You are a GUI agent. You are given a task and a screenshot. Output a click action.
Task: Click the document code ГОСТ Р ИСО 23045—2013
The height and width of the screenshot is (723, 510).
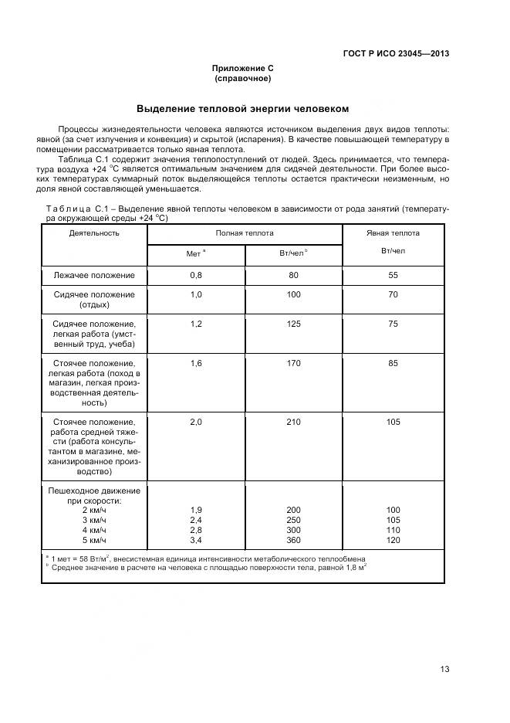click(395, 53)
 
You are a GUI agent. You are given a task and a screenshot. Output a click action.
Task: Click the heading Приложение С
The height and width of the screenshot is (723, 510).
click(242, 69)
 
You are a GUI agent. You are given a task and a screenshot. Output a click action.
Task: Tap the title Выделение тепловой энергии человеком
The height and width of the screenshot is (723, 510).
click(242, 108)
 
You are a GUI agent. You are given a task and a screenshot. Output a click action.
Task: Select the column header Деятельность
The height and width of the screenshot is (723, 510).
click(94, 233)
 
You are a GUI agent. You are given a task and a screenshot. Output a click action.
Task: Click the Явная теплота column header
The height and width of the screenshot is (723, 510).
click(393, 233)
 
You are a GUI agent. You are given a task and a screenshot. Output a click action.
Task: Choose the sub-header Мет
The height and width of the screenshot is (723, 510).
click(194, 253)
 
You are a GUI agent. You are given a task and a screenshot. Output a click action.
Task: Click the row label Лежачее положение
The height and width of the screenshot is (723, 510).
click(94, 275)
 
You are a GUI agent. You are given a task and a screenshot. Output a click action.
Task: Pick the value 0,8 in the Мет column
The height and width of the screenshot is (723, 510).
click(196, 275)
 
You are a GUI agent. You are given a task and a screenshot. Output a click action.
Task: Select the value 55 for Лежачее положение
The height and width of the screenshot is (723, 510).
click(393, 275)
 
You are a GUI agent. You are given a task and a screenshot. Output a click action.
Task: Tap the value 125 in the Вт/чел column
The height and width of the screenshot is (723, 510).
click(293, 324)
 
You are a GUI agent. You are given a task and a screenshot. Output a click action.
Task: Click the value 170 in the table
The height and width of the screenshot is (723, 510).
click(293, 363)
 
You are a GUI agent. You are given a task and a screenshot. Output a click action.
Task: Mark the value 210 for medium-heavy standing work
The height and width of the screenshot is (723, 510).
click(293, 422)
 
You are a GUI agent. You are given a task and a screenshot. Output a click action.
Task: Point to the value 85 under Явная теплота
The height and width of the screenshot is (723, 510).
click(393, 363)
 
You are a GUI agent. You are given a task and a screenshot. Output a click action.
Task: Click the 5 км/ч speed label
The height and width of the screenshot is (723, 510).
click(94, 541)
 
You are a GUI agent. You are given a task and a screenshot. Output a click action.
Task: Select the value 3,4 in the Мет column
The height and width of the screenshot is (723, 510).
click(196, 541)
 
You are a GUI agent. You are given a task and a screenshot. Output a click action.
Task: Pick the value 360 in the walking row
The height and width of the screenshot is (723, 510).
click(293, 541)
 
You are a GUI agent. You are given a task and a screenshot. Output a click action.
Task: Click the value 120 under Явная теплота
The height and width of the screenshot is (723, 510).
click(393, 541)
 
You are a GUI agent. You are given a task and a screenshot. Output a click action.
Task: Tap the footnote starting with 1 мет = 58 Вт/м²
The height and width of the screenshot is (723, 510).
click(205, 558)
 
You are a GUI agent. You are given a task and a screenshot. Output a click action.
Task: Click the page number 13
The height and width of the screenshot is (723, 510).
click(444, 670)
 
